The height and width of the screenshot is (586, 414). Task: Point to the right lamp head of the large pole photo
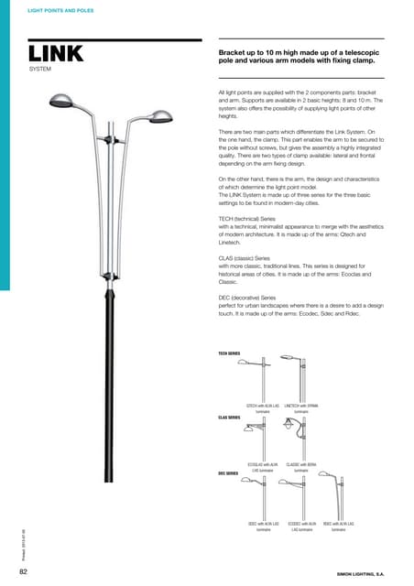(159, 116)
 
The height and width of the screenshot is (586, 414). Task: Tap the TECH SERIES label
(229, 353)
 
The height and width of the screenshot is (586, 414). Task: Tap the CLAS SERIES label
(229, 417)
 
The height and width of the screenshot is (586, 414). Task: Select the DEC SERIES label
(228, 473)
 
